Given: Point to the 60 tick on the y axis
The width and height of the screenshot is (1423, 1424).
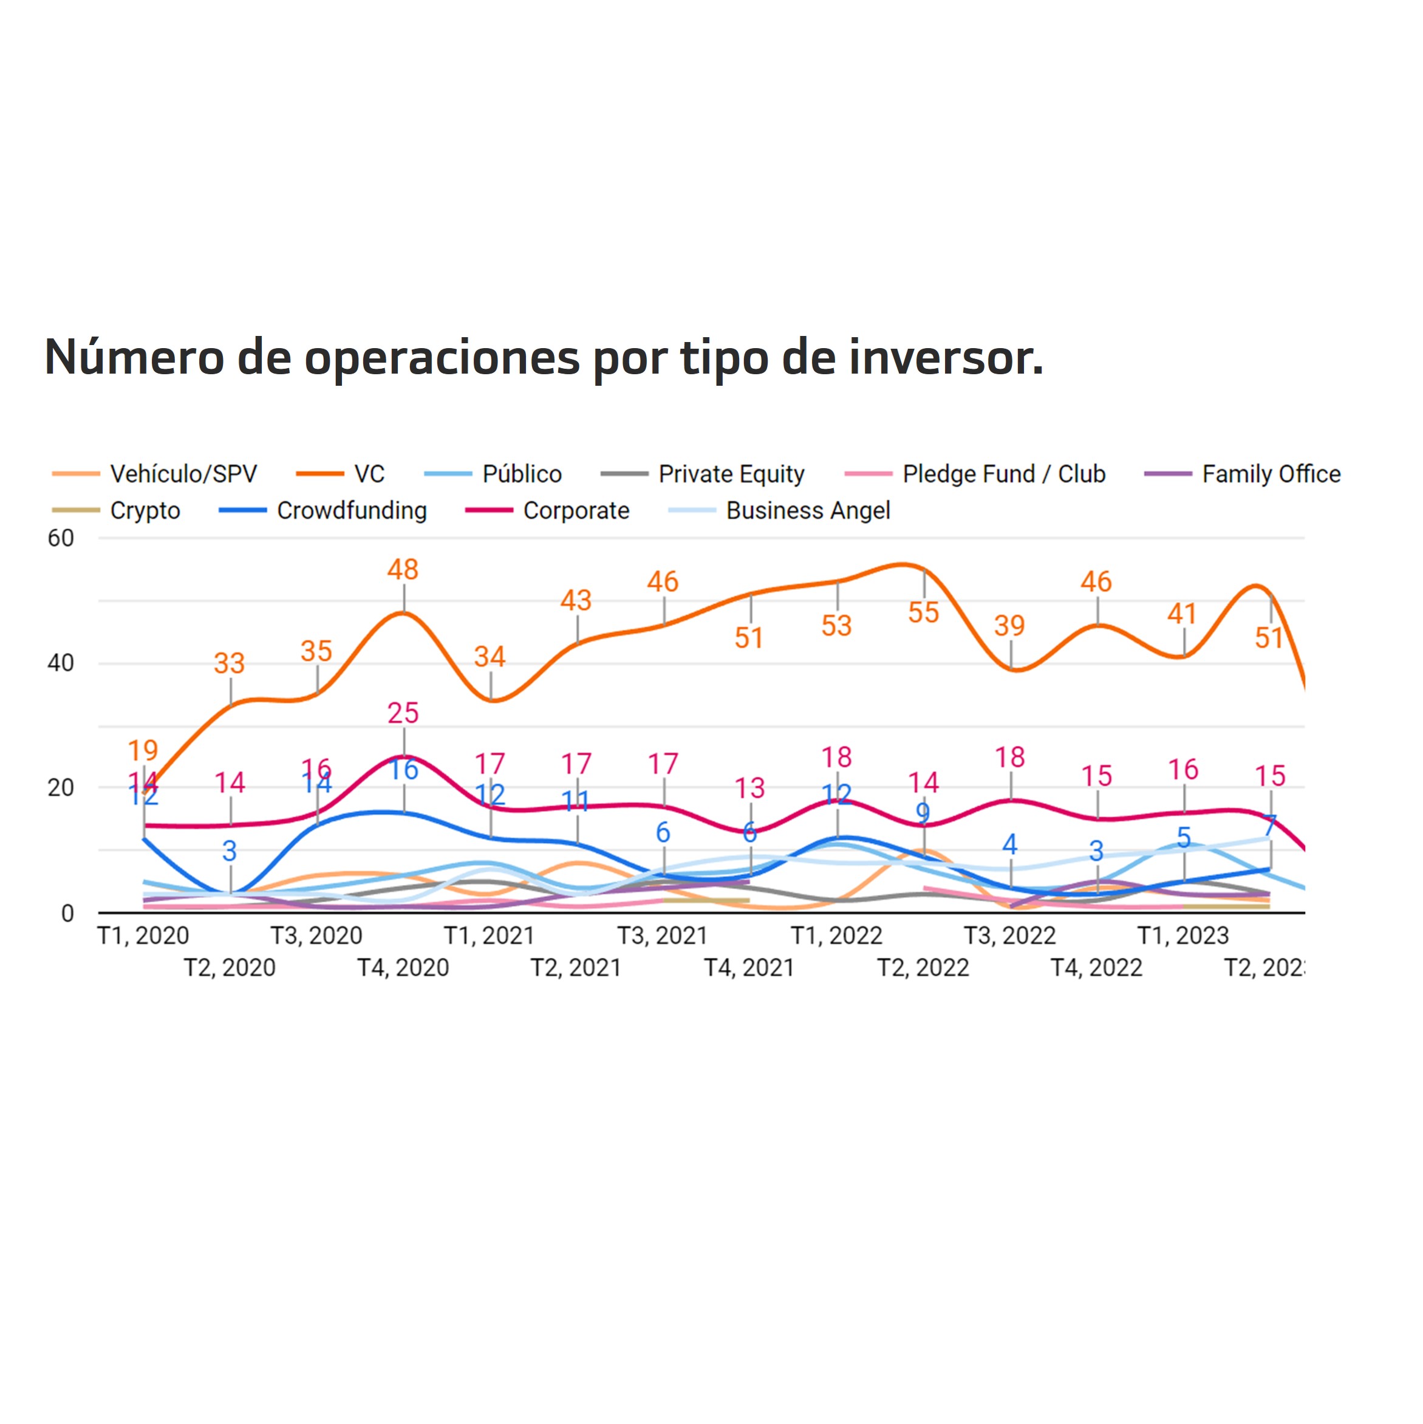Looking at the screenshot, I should pos(61,538).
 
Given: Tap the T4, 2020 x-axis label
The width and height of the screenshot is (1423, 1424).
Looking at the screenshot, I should pos(403,968).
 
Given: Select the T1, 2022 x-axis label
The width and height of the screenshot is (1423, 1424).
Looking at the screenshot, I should pos(836,936).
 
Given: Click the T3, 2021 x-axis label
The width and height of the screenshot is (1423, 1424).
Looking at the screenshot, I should pos(663,936).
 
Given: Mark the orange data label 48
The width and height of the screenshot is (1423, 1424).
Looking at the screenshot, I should pos(403,569).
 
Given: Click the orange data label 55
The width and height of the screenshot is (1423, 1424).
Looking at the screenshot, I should pos(923,612).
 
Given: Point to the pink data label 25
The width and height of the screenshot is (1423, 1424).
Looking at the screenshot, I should pos(403,713).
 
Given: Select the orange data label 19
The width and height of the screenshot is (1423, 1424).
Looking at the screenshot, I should pos(143,750).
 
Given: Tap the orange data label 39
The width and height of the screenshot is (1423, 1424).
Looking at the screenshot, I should pos(1009,626).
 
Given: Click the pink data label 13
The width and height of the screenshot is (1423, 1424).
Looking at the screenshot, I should pos(749,788).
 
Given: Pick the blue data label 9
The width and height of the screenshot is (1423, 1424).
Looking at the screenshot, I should pos(923,813).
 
